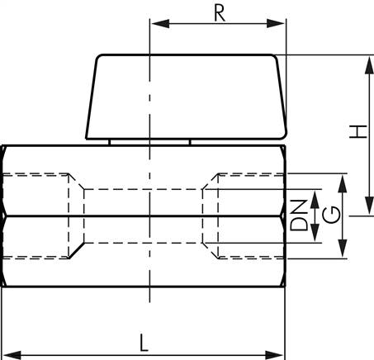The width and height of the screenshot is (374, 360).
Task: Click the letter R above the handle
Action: click(x=218, y=13)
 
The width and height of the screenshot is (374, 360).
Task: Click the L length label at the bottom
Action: click(x=144, y=341)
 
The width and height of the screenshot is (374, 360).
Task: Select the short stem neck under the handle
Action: click(x=149, y=142)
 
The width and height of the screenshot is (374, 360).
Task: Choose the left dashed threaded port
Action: click(x=41, y=215)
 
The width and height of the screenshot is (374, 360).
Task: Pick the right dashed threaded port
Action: click(x=248, y=215)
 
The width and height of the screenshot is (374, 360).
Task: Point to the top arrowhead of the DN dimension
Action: click(x=314, y=193)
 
